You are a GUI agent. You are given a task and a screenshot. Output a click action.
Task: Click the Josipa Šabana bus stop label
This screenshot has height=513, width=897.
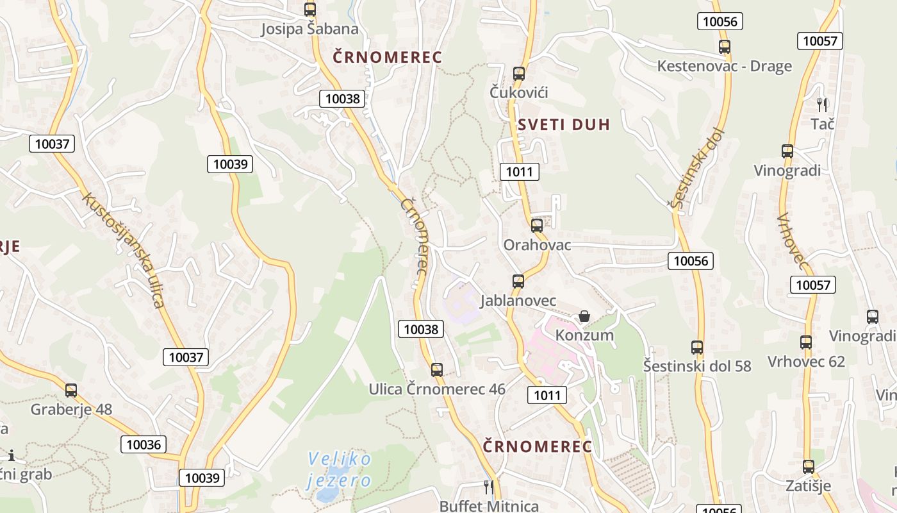[x=310, y=29]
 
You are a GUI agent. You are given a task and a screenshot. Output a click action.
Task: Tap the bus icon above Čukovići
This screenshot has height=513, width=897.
[x=519, y=73]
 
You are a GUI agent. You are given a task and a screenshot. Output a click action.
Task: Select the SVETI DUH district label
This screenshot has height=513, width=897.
[x=564, y=125]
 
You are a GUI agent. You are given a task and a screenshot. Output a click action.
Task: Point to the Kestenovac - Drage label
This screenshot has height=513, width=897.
[x=724, y=67]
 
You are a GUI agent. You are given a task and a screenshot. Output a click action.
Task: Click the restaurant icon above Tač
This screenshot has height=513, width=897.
[x=823, y=104]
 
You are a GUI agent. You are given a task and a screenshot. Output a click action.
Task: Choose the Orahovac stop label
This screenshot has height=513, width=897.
[x=537, y=245]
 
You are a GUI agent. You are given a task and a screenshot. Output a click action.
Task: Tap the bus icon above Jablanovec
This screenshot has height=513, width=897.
[x=518, y=281]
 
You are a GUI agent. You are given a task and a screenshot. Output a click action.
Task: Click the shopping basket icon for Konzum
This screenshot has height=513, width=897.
[x=584, y=316]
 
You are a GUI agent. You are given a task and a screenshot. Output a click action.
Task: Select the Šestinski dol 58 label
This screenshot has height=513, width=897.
[x=697, y=366]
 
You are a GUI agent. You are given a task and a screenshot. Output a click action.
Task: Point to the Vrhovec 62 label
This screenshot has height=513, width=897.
[x=806, y=362]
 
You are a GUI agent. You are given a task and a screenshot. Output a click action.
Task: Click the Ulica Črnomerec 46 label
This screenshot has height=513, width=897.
[x=437, y=389]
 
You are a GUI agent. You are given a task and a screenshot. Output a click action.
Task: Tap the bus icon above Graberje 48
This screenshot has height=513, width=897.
[x=71, y=390]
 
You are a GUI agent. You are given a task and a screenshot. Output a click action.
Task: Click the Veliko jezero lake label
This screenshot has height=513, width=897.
[x=339, y=469]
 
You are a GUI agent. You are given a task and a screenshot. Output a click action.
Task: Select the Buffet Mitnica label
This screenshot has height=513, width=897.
[x=489, y=506]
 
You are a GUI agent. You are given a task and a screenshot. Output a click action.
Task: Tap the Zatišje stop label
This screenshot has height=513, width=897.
[x=809, y=486]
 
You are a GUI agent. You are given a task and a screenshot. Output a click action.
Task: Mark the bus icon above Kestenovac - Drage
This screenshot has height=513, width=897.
[x=725, y=47]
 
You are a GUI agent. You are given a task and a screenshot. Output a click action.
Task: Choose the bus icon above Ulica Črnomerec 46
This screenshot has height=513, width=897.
[x=437, y=369]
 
